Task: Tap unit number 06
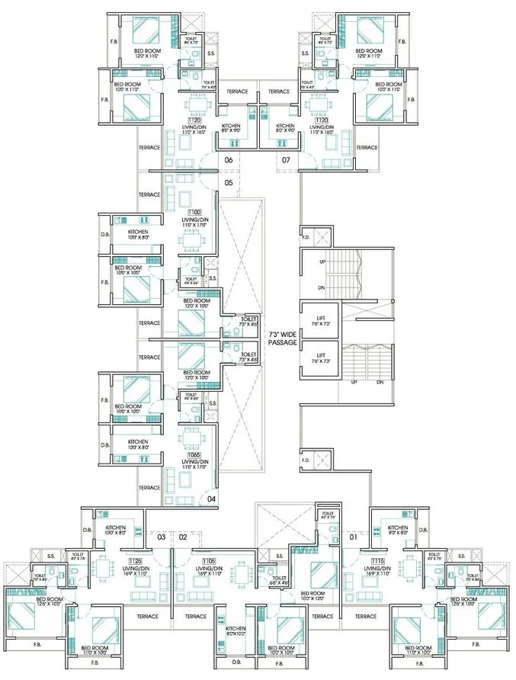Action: (228, 160)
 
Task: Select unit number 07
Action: (286, 160)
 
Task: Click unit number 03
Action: (161, 537)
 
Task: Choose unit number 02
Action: (183, 537)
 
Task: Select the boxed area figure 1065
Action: (192, 454)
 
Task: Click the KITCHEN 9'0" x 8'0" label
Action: (397, 531)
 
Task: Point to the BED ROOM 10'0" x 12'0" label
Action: (312, 595)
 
